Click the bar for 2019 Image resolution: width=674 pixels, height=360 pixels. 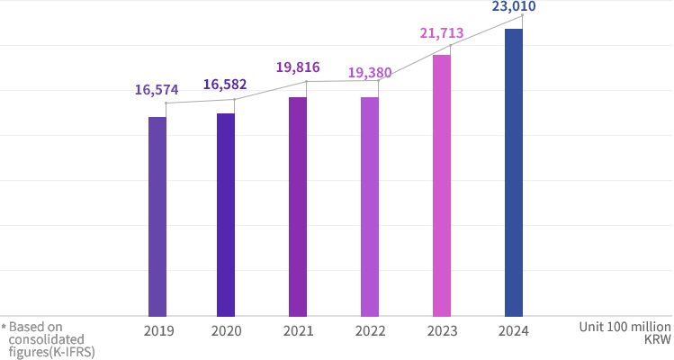pyautogui.click(x=157, y=216)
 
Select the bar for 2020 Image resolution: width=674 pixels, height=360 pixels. pyautogui.click(x=225, y=214)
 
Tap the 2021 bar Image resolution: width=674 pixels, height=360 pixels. pyautogui.click(x=298, y=206)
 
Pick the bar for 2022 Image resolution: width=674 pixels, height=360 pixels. pyautogui.click(x=370, y=206)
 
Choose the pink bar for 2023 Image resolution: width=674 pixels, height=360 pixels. pyautogui.click(x=441, y=185)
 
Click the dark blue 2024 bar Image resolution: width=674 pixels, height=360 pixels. pyautogui.click(x=513, y=172)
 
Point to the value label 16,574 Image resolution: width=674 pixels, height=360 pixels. pyautogui.click(x=157, y=90)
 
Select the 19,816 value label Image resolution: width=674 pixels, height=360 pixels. pyautogui.click(x=298, y=67)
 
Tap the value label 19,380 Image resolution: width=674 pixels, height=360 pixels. pyautogui.click(x=369, y=71)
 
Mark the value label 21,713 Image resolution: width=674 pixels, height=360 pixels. pyautogui.click(x=441, y=34)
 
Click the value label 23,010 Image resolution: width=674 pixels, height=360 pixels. pyautogui.click(x=513, y=7)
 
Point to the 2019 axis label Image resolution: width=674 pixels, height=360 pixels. pyautogui.click(x=158, y=330)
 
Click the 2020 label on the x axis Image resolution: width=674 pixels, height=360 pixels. pyautogui.click(x=227, y=330)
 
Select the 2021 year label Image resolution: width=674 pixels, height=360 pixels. pyautogui.click(x=298, y=330)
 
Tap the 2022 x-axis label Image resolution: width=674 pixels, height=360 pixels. pyautogui.click(x=371, y=330)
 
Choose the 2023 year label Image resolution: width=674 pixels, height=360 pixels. pyautogui.click(x=442, y=330)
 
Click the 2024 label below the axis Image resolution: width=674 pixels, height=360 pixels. pyautogui.click(x=513, y=330)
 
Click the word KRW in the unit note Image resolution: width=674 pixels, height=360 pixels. pyautogui.click(x=658, y=340)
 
